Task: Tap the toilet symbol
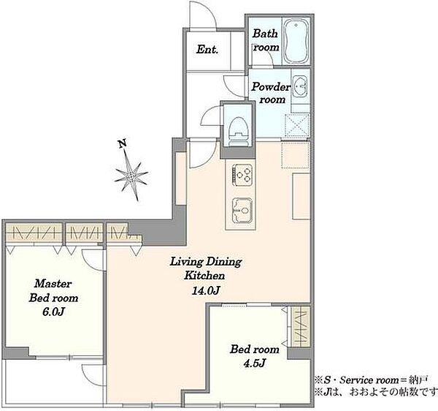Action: pos(238,131)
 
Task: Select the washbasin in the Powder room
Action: pos(300,86)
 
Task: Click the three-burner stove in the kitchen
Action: pos(242,175)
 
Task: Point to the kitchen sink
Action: pos(242,210)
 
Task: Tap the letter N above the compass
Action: pos(122,143)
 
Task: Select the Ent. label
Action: pos(207,50)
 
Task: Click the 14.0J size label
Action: pos(205,290)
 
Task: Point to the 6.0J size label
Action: pos(53,312)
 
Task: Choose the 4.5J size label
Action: pos(254,363)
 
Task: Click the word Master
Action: pos(53,284)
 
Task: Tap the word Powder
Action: pos(271,87)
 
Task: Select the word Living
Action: pos(186,262)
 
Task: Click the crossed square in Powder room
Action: pos(297,125)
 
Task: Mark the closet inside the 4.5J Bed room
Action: pos(300,327)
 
